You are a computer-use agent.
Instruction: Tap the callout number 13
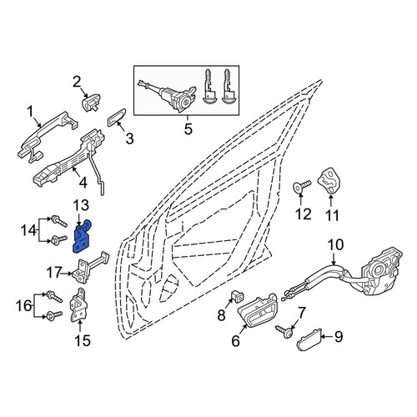coord(81,205)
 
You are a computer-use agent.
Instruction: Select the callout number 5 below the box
coord(188,129)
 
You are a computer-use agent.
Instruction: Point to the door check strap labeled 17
coord(89,267)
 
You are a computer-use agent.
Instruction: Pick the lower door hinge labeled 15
coord(78,305)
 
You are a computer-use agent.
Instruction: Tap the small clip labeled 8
coord(237,296)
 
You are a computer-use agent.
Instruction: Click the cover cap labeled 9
coord(309,339)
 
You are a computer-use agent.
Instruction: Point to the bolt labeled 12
coord(302,187)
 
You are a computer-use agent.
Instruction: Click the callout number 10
coord(335,245)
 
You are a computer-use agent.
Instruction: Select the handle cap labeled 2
coord(91,103)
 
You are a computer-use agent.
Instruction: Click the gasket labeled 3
coord(117,118)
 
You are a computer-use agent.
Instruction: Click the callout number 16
coord(23,306)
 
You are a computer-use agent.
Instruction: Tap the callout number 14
coord(28,230)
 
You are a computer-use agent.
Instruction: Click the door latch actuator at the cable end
coord(381,271)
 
